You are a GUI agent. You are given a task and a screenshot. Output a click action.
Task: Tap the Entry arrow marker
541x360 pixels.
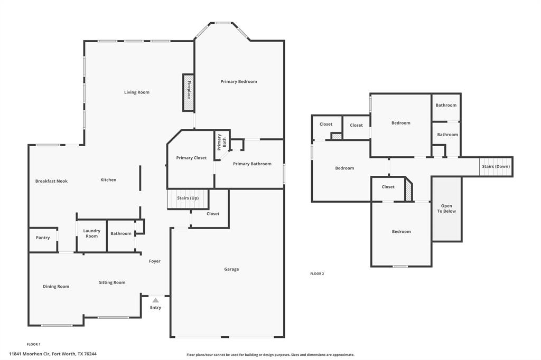point(155,300)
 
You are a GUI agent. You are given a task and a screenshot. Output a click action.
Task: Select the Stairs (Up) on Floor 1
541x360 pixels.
point(188,199)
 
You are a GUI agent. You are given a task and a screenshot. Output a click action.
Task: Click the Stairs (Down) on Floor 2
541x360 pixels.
point(496,166)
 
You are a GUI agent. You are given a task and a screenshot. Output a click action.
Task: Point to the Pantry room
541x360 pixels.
point(43,238)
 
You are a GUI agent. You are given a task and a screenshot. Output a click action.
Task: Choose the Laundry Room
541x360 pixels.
point(92,233)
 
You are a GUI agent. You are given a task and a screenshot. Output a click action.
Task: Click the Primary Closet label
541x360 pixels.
point(192,158)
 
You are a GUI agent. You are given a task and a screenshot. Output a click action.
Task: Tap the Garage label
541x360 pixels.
point(231,269)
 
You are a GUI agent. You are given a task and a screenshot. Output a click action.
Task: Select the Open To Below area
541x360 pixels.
point(446,209)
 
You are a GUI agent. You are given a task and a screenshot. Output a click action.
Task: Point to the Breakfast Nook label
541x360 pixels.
point(51,181)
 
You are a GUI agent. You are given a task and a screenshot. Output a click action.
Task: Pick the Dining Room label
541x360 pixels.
point(56,287)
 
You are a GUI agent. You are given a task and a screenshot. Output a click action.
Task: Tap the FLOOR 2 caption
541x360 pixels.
point(317,273)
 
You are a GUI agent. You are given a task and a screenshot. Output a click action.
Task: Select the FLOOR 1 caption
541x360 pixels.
point(33,344)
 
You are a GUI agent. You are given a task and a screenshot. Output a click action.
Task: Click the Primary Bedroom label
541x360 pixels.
point(239,81)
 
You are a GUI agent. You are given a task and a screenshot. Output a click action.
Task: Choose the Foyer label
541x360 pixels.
point(155,261)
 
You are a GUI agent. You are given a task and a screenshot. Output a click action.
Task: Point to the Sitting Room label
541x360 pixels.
point(112,282)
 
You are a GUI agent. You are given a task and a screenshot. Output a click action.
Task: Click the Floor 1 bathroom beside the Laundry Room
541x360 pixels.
point(121,233)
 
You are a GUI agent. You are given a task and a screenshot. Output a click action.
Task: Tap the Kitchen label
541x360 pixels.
point(108,180)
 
